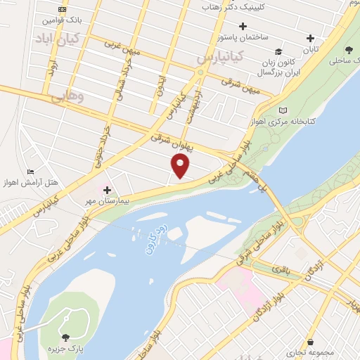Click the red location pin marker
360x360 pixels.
point(181,166)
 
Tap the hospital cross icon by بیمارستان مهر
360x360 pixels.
point(107,190)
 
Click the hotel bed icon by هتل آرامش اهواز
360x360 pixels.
point(30,172)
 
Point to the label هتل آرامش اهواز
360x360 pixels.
point(32,183)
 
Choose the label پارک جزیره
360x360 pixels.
point(65,349)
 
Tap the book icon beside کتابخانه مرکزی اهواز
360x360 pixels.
point(283,110)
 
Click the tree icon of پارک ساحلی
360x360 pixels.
point(349,49)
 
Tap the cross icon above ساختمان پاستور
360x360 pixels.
point(243,27)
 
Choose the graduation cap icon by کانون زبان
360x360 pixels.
point(279,52)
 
